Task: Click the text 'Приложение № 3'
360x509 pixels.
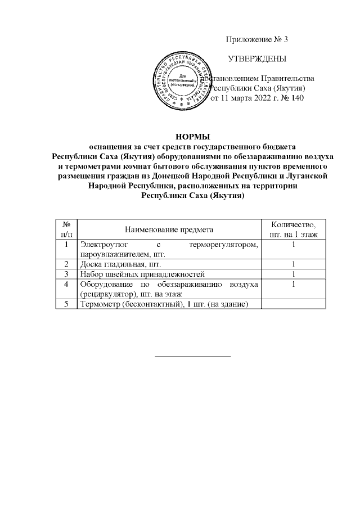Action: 256,39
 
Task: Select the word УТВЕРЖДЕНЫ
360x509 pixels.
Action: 256,59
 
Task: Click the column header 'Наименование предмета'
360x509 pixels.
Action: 169,229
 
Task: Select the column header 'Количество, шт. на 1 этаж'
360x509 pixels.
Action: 294,229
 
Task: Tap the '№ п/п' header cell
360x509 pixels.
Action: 66,229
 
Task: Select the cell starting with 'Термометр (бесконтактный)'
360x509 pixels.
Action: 164,304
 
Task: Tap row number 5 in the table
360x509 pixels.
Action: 66,304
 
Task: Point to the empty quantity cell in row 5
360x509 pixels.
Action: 294,304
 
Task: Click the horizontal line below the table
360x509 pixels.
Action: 193,356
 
